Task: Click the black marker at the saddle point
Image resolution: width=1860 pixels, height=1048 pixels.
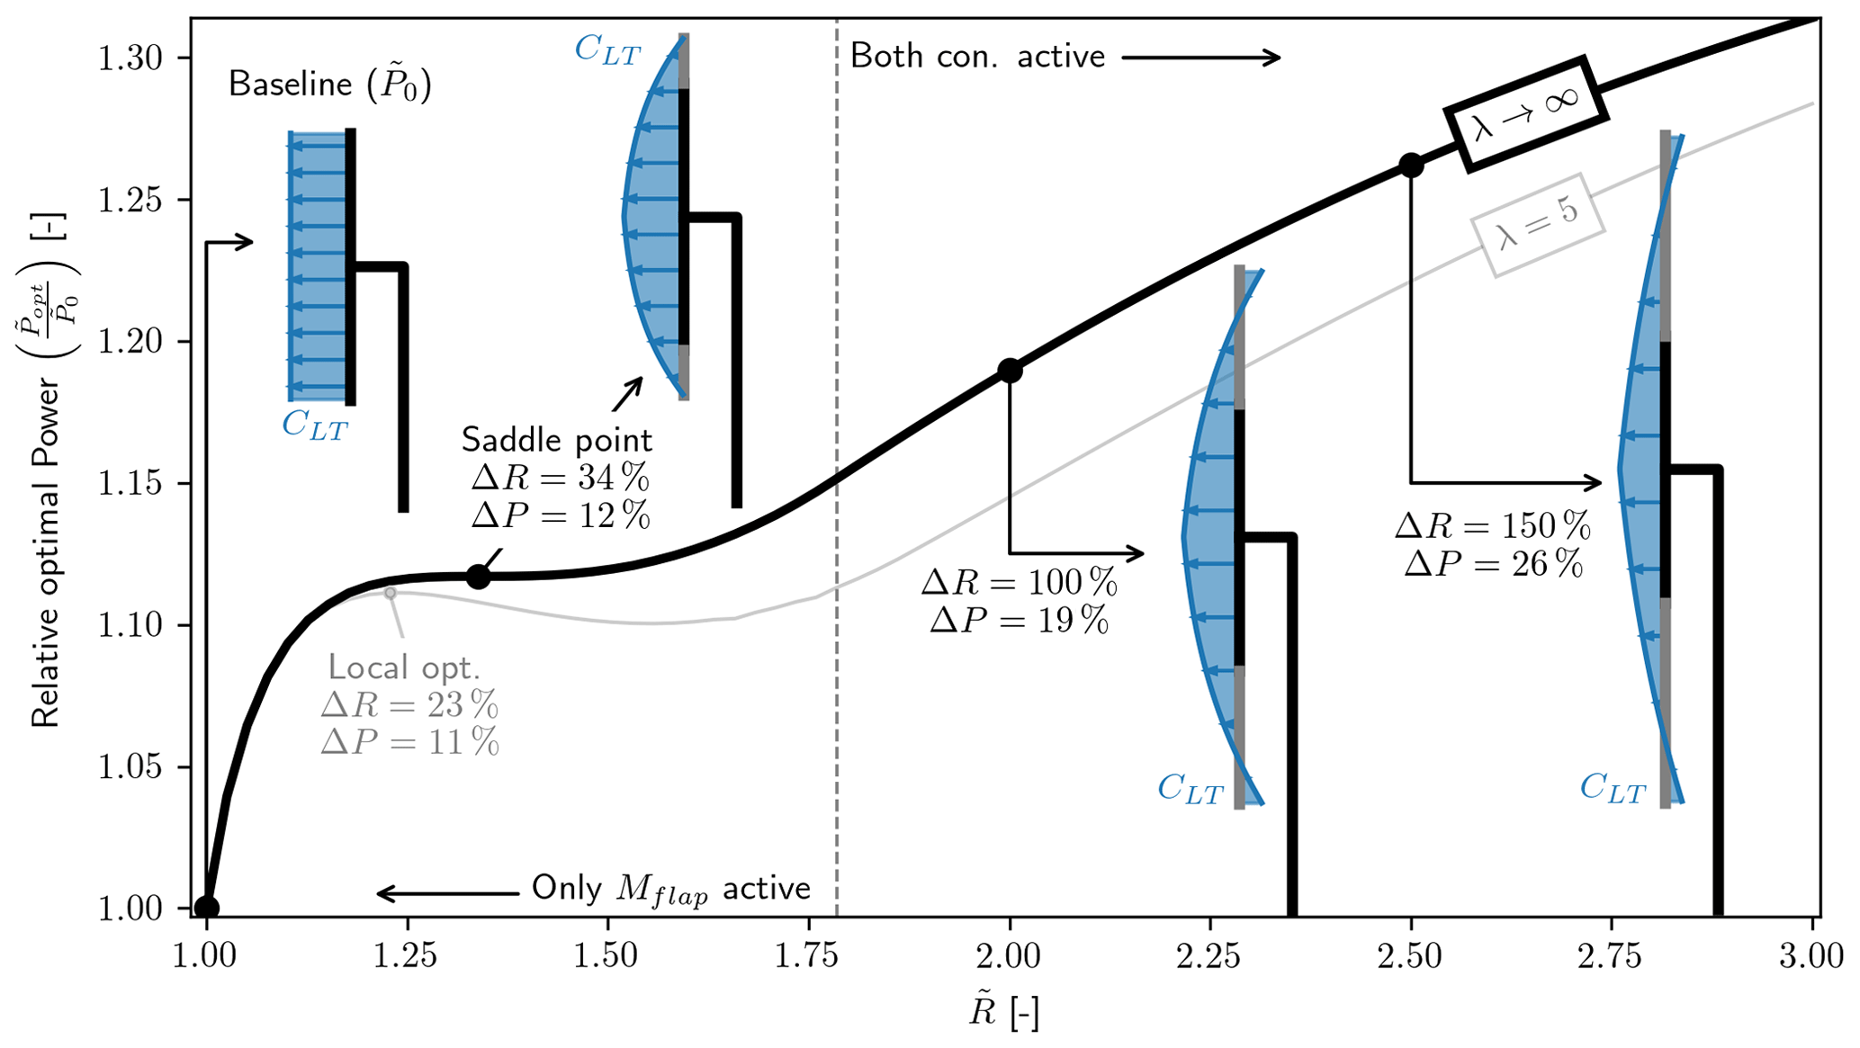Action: pyautogui.click(x=479, y=577)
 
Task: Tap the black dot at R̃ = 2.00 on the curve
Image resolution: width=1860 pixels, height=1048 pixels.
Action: pyautogui.click(x=1010, y=371)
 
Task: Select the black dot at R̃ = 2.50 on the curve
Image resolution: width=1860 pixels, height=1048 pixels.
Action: pyautogui.click(x=1411, y=166)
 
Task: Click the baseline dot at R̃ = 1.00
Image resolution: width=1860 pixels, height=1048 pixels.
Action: pyautogui.click(x=207, y=907)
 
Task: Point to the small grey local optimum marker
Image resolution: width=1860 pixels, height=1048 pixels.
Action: pyautogui.click(x=390, y=593)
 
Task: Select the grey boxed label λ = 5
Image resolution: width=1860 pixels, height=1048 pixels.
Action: pyautogui.click(x=1538, y=225)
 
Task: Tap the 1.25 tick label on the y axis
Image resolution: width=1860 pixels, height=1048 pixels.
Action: pyautogui.click(x=130, y=200)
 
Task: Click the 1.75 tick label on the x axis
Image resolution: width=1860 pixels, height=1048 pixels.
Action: pyautogui.click(x=807, y=956)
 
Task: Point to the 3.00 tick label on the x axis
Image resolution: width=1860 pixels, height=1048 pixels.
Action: pyautogui.click(x=1811, y=956)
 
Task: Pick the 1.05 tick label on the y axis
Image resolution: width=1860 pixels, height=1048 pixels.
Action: pyautogui.click(x=130, y=767)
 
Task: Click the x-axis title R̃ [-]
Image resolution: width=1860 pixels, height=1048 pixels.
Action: pyautogui.click(x=1003, y=1013)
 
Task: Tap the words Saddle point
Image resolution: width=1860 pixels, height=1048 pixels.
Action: pyautogui.click(x=556, y=440)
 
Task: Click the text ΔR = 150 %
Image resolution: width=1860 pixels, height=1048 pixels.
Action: pyautogui.click(x=1492, y=526)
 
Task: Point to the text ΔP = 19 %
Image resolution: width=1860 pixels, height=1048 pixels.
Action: pyautogui.click(x=1019, y=620)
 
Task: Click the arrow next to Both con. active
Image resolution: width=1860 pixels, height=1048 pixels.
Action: pyautogui.click(x=1202, y=58)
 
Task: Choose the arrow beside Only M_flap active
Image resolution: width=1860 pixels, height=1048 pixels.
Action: pyautogui.click(x=447, y=893)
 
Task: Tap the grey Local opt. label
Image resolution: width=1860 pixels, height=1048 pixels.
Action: pyautogui.click(x=404, y=667)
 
